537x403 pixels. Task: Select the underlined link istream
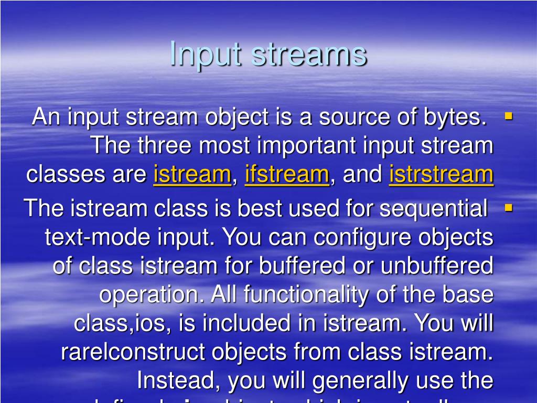192,174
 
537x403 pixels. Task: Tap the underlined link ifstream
287,174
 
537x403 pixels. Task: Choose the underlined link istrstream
441,174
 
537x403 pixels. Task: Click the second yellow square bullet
508,208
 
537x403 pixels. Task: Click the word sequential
433,209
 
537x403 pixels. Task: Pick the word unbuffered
437,266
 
